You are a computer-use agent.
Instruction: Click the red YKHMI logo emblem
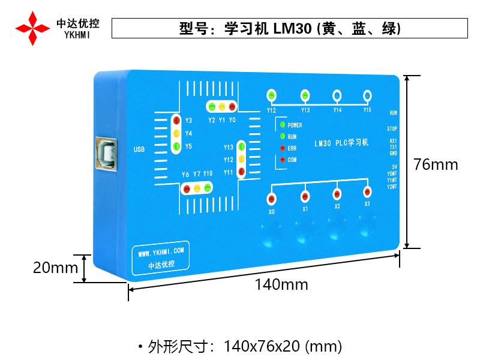pyautogui.click(x=32, y=28)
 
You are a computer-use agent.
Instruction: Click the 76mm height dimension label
pyautogui.click(x=436, y=164)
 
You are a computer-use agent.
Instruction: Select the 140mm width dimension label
pyautogui.click(x=281, y=284)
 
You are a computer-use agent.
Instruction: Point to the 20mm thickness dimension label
pyautogui.click(x=55, y=268)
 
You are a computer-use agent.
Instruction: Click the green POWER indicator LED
pyautogui.click(x=281, y=125)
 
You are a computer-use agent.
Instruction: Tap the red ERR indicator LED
pyautogui.click(x=281, y=148)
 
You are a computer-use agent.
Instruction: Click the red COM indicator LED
pyautogui.click(x=281, y=160)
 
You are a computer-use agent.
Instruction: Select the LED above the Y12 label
pyautogui.click(x=272, y=95)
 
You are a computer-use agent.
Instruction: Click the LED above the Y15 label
pyautogui.click(x=367, y=95)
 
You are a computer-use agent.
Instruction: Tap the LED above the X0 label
pyautogui.click(x=272, y=199)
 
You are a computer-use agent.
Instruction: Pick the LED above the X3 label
pyautogui.click(x=367, y=192)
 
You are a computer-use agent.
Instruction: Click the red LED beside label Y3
pyautogui.click(x=176, y=121)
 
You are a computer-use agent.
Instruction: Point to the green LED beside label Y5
pyautogui.click(x=176, y=146)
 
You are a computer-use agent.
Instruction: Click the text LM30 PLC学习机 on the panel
pyautogui.click(x=341, y=143)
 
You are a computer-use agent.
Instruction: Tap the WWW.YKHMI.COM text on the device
pyautogui.click(x=160, y=250)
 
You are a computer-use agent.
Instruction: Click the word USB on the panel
pyautogui.click(x=139, y=149)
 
